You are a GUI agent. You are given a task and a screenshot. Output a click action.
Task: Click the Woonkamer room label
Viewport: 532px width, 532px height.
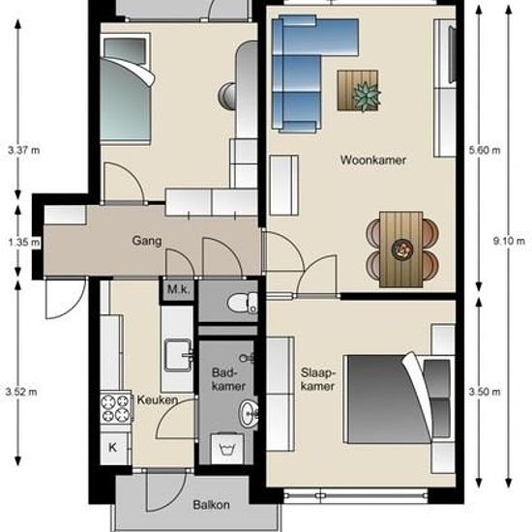(372, 160)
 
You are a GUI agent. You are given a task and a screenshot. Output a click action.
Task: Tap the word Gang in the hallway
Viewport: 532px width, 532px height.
(147, 241)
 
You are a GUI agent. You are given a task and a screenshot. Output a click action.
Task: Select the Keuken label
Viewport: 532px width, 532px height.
(158, 399)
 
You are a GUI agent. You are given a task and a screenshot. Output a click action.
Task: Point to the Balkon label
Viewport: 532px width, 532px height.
(211, 505)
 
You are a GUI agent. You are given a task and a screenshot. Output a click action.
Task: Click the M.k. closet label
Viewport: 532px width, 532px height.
(179, 289)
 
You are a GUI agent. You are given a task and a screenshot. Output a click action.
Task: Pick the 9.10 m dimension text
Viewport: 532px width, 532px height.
(509, 241)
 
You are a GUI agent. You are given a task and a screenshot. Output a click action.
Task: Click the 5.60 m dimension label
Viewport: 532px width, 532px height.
(485, 150)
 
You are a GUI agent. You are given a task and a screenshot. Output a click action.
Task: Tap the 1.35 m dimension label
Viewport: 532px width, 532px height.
(24, 242)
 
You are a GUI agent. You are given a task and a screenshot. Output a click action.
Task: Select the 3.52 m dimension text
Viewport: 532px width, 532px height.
(21, 392)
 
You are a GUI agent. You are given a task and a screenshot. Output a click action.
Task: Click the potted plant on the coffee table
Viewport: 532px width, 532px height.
(366, 96)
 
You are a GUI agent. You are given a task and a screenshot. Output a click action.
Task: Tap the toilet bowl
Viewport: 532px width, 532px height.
(243, 303)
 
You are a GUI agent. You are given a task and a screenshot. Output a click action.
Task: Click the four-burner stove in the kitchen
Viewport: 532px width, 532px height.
(116, 408)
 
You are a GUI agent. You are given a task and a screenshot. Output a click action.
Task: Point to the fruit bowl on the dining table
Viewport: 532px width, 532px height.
(402, 250)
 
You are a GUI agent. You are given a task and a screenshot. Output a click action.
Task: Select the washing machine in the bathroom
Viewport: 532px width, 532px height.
(226, 449)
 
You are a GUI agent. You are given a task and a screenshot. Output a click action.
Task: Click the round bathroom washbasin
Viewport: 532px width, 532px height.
(249, 413)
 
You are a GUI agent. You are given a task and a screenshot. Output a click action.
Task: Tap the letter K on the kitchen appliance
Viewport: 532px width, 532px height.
(112, 448)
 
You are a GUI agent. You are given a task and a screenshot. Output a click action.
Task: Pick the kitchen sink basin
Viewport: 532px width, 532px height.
(178, 355)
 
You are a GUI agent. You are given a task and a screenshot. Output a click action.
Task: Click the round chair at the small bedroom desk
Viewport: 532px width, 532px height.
(227, 97)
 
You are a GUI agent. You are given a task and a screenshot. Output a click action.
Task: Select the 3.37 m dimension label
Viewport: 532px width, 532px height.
(24, 150)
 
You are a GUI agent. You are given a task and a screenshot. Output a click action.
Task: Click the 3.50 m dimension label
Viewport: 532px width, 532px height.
(485, 392)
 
